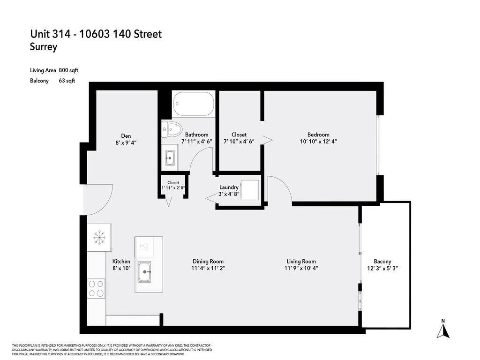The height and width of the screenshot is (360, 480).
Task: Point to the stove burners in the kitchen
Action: point(96,288)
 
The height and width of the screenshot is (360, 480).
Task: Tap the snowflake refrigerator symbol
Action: point(99,237)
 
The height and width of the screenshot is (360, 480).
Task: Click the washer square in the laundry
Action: point(250,190)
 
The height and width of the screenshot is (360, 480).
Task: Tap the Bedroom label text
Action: point(318,135)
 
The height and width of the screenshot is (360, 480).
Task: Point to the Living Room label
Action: point(301,262)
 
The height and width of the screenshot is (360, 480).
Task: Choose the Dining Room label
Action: point(208,262)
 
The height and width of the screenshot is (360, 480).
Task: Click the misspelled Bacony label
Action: point(382,262)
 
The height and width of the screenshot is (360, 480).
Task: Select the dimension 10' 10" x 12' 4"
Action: point(318,141)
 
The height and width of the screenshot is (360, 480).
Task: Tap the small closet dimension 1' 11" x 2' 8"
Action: point(173,188)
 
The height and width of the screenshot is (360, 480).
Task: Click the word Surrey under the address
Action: point(44,47)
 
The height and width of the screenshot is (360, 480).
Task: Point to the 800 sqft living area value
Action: point(68,70)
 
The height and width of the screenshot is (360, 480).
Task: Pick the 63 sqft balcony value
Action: point(67,81)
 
